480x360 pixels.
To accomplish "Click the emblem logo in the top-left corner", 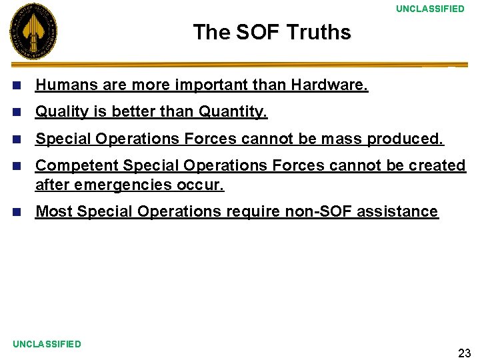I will (33, 31).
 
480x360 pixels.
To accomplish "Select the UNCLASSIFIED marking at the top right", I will (430, 9).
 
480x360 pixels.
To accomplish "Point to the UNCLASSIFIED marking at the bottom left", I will (47, 344).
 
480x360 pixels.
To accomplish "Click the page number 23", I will (464, 353).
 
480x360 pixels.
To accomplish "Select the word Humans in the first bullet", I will (61, 85).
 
